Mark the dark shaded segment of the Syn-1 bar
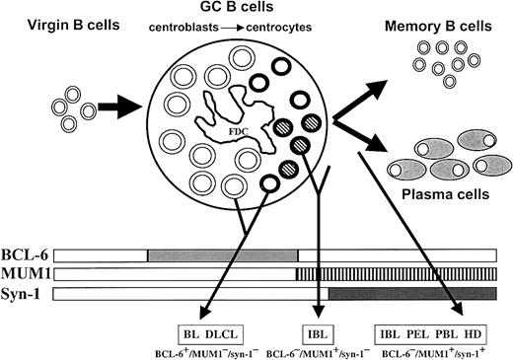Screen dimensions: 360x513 click(x=412, y=294)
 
